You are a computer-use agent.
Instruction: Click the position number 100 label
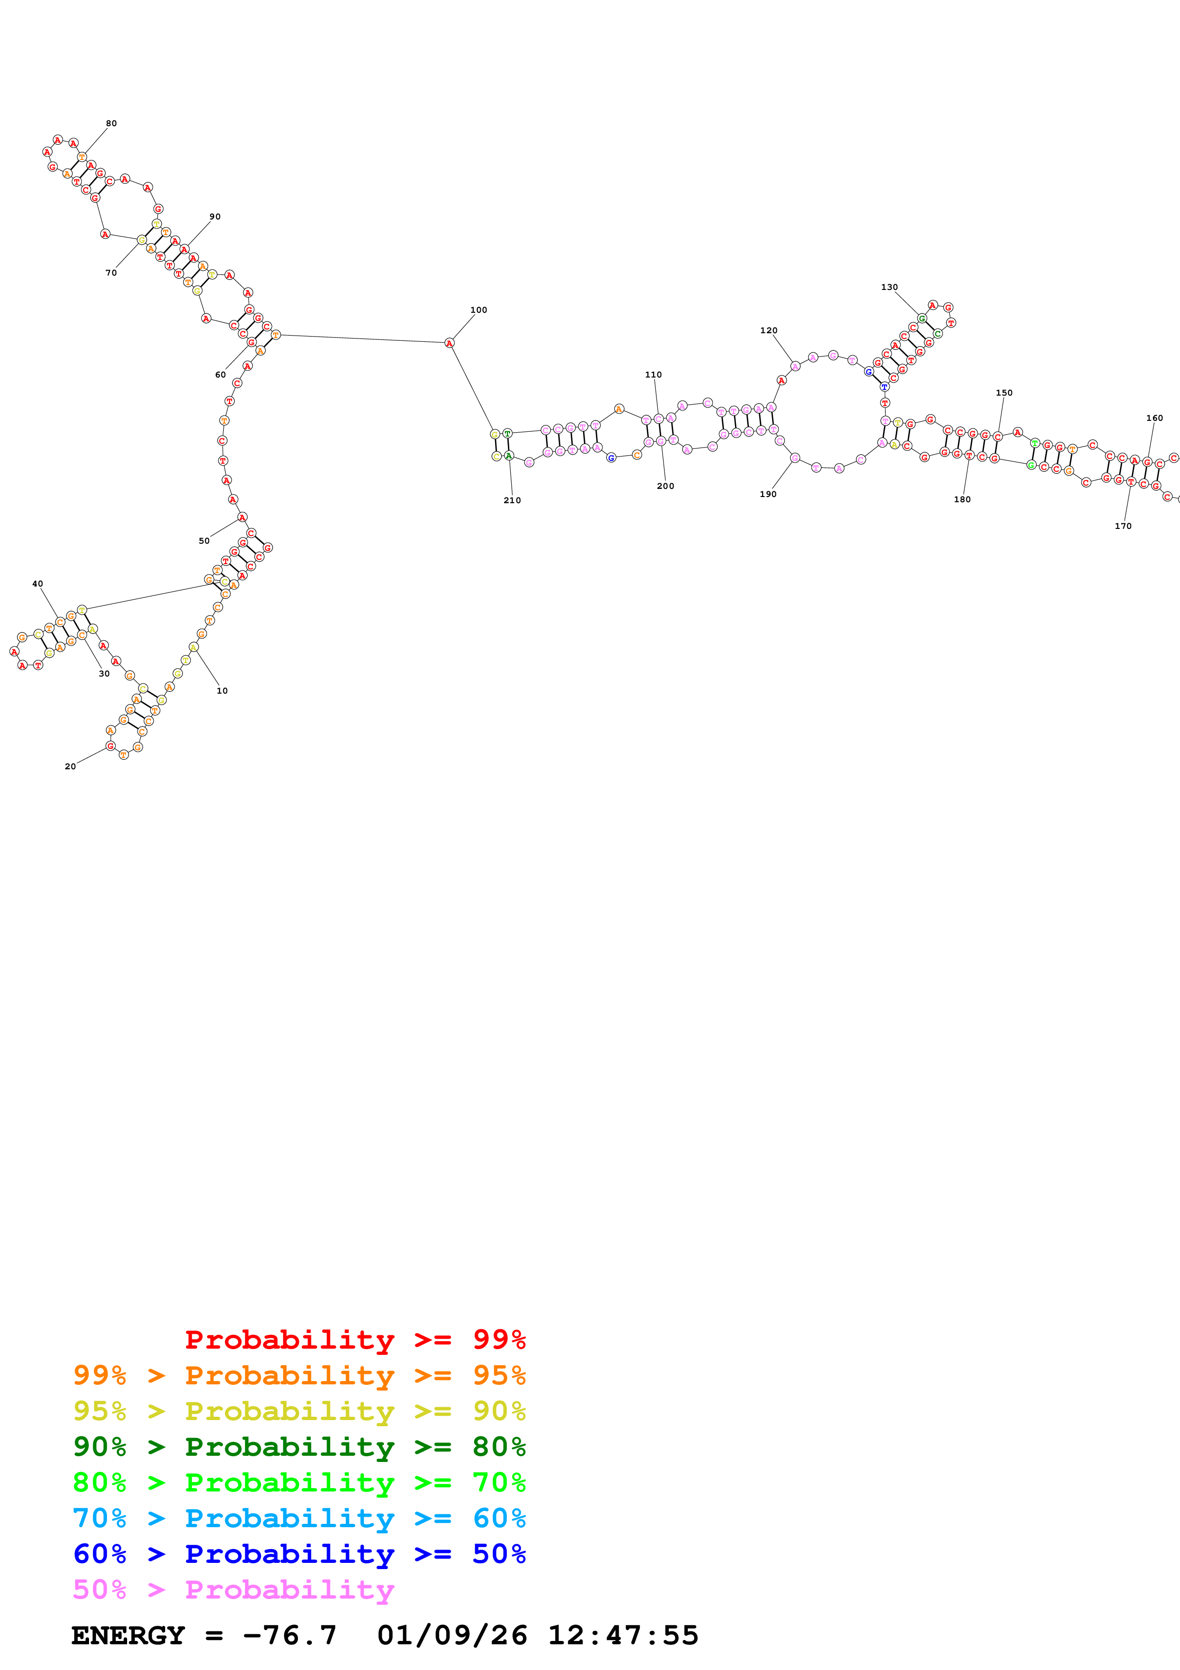pos(478,310)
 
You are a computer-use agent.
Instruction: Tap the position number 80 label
pos(111,124)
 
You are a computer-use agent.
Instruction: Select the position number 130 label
pos(889,288)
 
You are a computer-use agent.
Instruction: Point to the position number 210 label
pos(512,500)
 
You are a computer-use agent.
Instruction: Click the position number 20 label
pos(70,766)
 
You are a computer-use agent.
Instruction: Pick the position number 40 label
pos(38,584)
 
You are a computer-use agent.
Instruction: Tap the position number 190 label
pos(768,495)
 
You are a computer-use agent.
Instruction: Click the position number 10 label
pos(222,691)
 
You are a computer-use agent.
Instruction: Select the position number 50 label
pos(204,541)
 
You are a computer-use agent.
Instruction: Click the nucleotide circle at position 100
pos(449,343)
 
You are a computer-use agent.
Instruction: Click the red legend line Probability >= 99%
pos(355,1340)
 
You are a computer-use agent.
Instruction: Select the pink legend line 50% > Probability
pos(233,1589)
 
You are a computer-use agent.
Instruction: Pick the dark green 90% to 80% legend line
pos(299,1447)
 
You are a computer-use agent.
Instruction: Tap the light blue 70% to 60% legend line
pos(299,1518)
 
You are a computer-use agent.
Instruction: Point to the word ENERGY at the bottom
pos(128,1636)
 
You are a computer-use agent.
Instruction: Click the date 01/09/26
pos(452,1636)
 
